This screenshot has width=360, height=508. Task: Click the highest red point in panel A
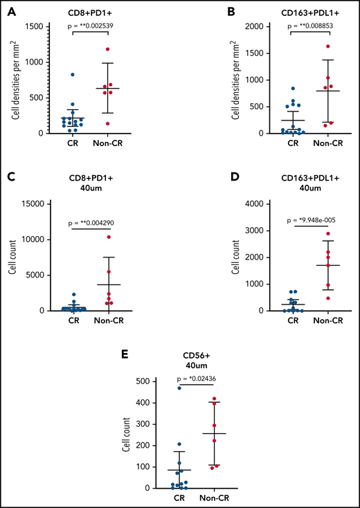tap(125, 49)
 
